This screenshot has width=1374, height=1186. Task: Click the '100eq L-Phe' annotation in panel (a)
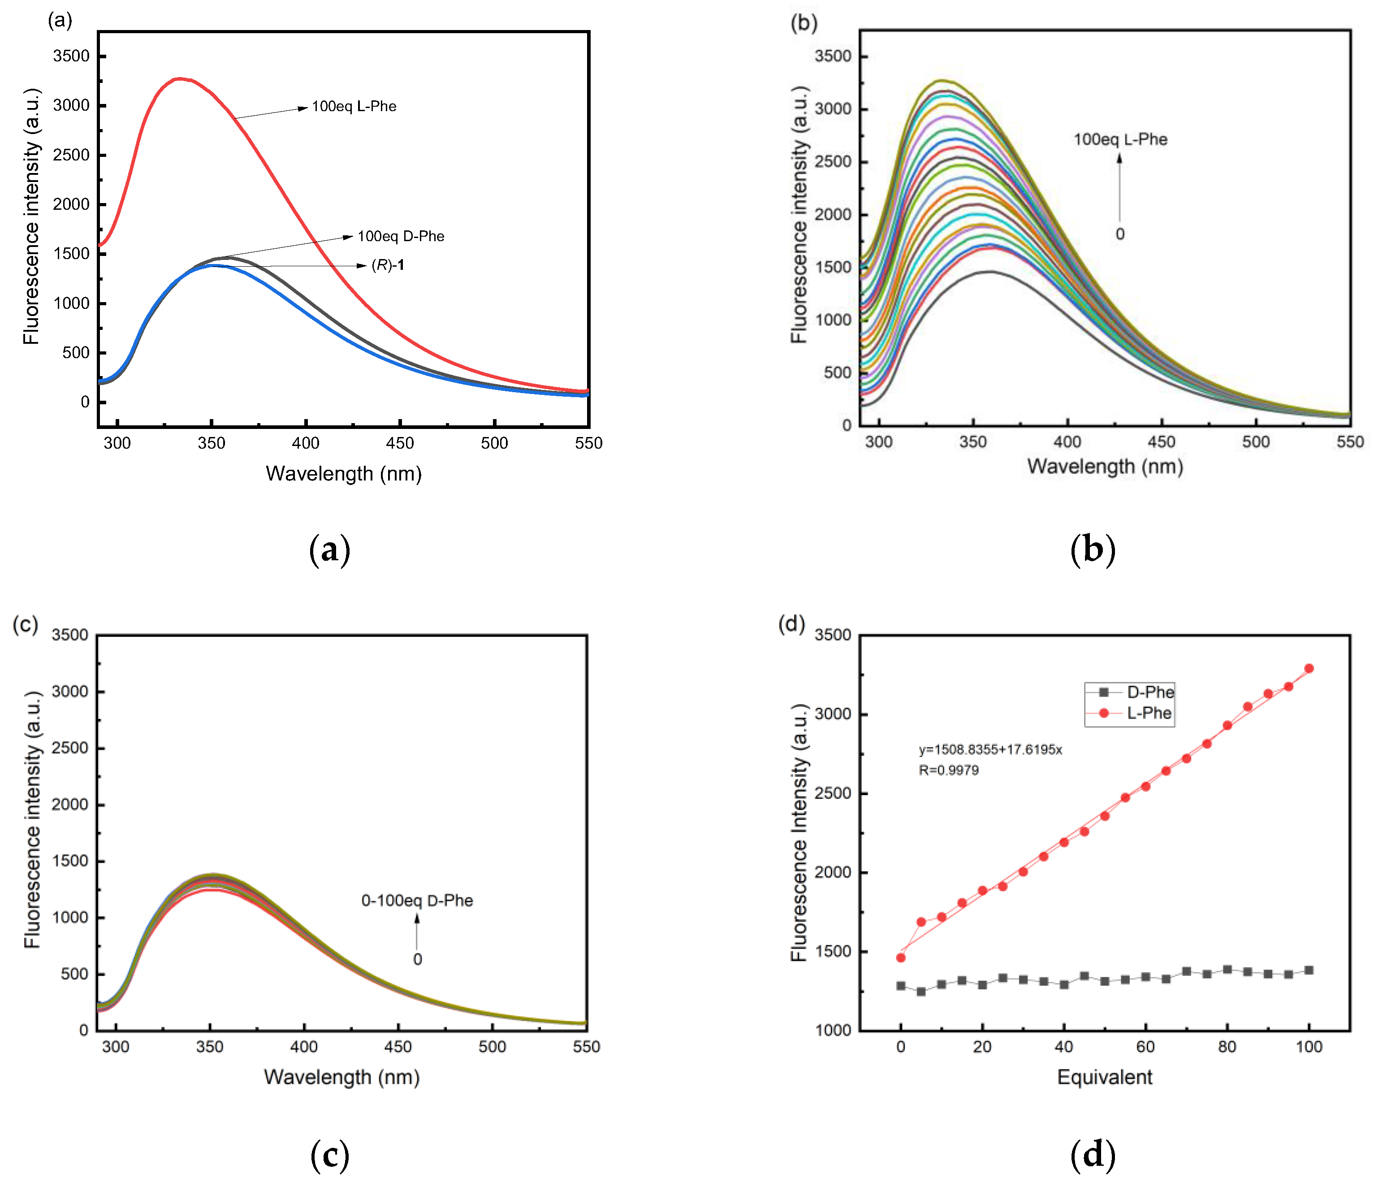(354, 106)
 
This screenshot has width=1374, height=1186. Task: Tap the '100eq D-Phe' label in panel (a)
(401, 236)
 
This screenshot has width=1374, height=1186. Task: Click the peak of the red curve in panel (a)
(180, 78)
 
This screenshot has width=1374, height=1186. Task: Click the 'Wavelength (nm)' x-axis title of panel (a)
(343, 474)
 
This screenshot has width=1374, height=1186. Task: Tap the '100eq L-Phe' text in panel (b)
(1120, 139)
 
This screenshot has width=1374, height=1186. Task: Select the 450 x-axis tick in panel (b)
(1161, 442)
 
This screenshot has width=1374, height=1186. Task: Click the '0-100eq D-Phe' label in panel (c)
(417, 900)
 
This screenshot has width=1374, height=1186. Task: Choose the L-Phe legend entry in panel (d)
(1149, 713)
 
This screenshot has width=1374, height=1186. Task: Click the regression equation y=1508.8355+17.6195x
(990, 749)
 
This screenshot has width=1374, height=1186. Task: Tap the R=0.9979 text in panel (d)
(948, 770)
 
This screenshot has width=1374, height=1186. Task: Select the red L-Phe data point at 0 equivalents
(900, 957)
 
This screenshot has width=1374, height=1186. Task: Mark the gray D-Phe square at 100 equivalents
(1309, 970)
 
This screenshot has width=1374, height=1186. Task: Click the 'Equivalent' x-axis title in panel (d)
(1104, 1077)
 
